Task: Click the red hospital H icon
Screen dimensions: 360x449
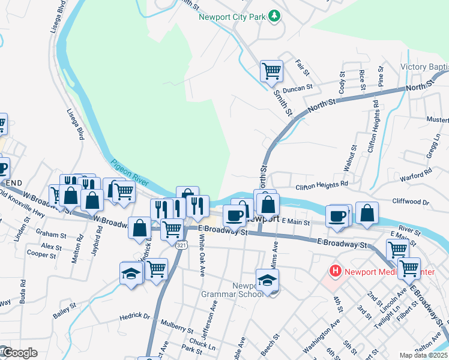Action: click(x=334, y=271)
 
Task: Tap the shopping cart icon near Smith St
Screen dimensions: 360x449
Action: click(x=271, y=71)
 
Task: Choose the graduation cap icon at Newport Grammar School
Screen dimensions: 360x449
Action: click(x=267, y=280)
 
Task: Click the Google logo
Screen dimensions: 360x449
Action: click(x=19, y=353)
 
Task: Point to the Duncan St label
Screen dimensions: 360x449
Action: click(x=298, y=87)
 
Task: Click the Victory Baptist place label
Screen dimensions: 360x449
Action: click(x=424, y=67)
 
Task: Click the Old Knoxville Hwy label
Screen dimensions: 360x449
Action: click(x=22, y=204)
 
